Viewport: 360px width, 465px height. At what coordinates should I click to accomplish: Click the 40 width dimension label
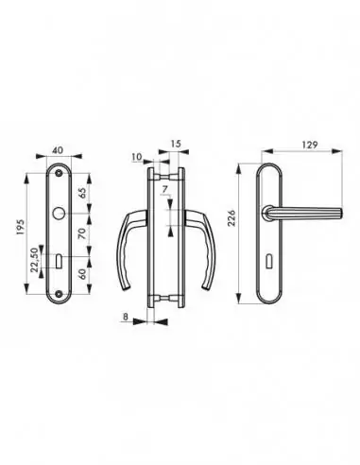pyautogui.click(x=59, y=147)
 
